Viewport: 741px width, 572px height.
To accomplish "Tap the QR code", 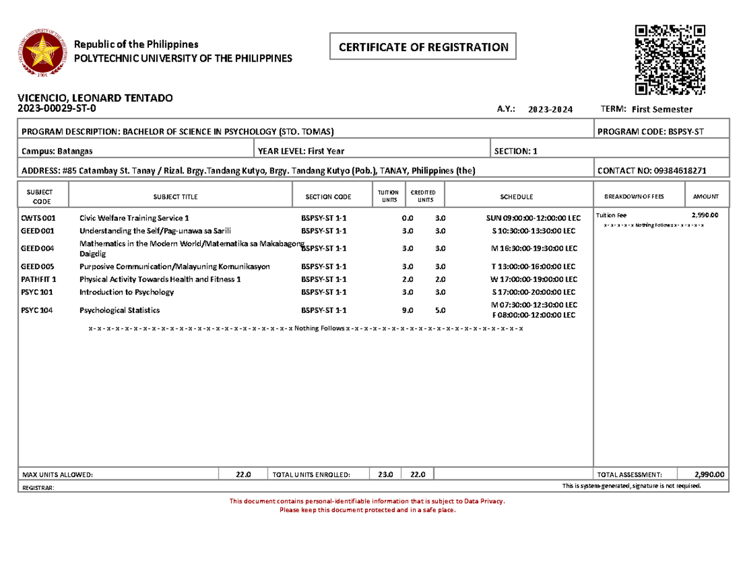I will tap(669, 60).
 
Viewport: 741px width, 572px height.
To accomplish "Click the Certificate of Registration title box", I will tap(423, 47).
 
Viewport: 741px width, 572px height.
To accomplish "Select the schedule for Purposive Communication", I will tap(532, 267).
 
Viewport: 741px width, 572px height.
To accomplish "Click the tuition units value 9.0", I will tap(407, 310).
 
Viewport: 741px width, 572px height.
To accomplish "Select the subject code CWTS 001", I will tap(38, 218).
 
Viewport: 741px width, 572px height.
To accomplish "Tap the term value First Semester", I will tap(662, 109).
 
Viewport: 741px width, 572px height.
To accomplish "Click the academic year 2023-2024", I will tap(551, 109).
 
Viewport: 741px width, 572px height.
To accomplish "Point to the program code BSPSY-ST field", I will tap(650, 132).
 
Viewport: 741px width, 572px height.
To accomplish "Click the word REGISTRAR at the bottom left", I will tap(38, 487).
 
